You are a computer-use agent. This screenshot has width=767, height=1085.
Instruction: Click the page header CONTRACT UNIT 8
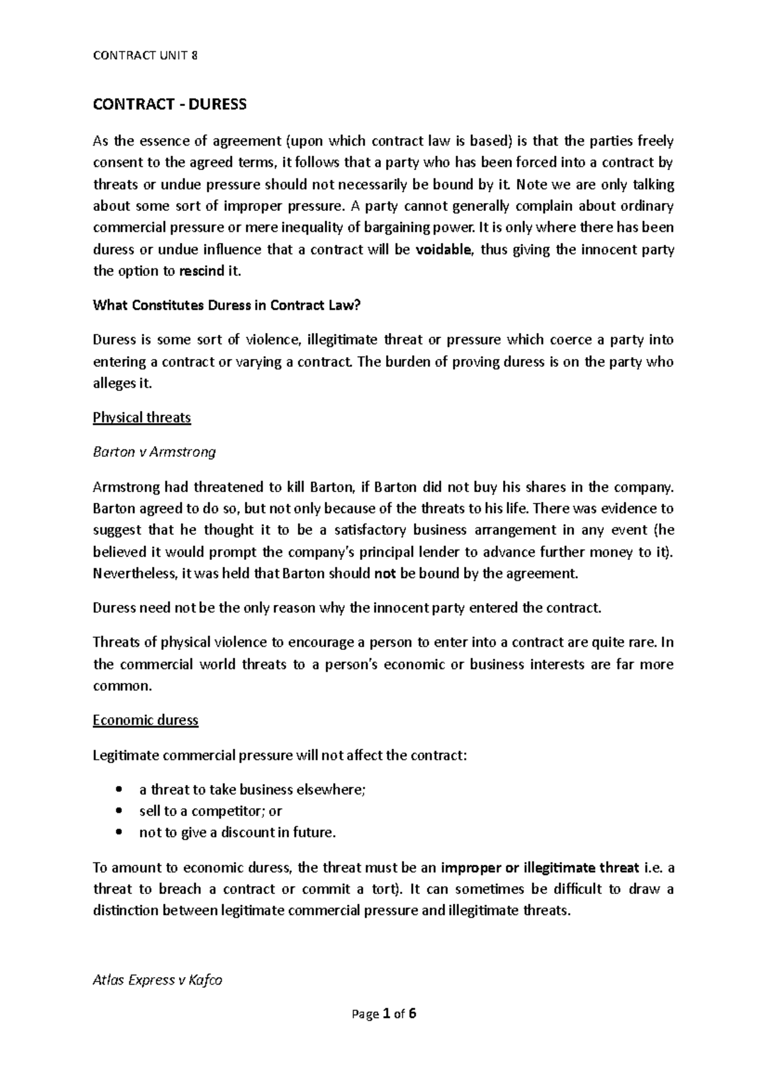pos(145,56)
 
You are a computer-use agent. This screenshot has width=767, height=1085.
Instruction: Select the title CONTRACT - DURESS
pos(169,104)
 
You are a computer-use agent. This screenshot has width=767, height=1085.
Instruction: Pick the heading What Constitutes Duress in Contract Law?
pos(227,305)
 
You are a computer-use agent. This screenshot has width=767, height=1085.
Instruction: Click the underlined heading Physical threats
pos(142,418)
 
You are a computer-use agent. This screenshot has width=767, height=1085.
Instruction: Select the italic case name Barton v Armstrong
pos(154,452)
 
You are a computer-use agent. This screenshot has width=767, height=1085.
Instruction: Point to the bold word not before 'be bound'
pos(385,574)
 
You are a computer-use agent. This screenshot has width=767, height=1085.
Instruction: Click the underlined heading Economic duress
pos(146,721)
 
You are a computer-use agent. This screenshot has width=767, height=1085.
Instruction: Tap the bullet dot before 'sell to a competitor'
pos(118,812)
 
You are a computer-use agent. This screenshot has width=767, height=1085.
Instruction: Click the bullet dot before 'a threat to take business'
pos(118,790)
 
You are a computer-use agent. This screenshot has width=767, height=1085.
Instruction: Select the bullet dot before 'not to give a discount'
pos(118,833)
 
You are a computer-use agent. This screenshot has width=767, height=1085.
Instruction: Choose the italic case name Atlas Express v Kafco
pos(157,980)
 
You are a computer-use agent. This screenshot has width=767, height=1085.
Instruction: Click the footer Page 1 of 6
pos(383,1014)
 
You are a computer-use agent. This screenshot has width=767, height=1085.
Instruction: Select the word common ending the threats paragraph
pos(121,687)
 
